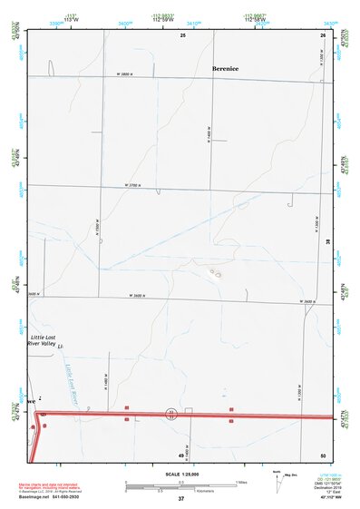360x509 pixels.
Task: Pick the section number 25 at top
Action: coord(182,34)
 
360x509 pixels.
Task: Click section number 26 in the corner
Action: coord(323,34)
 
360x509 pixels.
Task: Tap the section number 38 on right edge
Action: coord(327,240)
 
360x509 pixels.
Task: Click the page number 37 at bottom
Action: coord(180,499)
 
